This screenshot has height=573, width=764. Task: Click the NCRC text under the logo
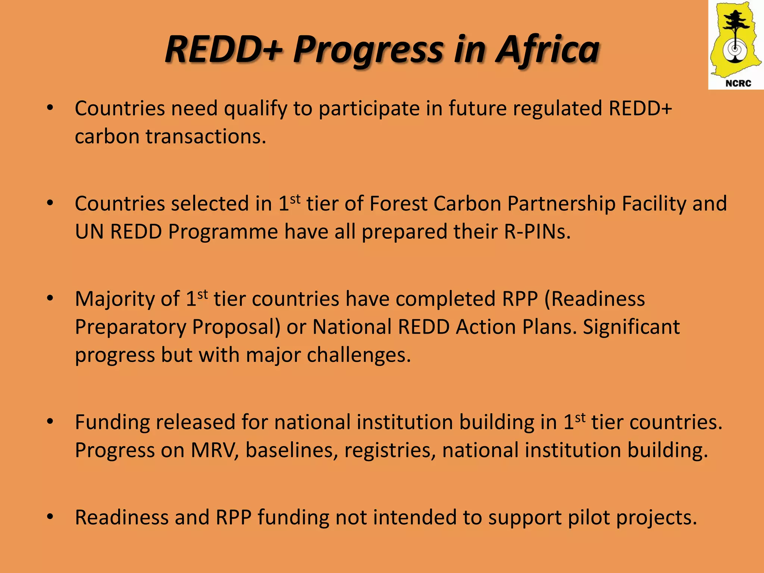[x=738, y=83]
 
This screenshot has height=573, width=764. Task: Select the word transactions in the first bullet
[x=206, y=137]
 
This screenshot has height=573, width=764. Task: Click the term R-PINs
[x=537, y=232]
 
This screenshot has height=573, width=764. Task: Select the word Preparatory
[x=130, y=327]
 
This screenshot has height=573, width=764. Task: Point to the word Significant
[x=631, y=327]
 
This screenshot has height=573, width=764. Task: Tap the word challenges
[x=358, y=355]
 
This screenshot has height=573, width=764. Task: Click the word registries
[x=390, y=450]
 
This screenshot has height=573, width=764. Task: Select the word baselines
[x=291, y=450]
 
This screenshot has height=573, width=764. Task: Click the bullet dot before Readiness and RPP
[x=50, y=517]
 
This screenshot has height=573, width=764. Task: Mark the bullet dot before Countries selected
[x=50, y=203]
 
